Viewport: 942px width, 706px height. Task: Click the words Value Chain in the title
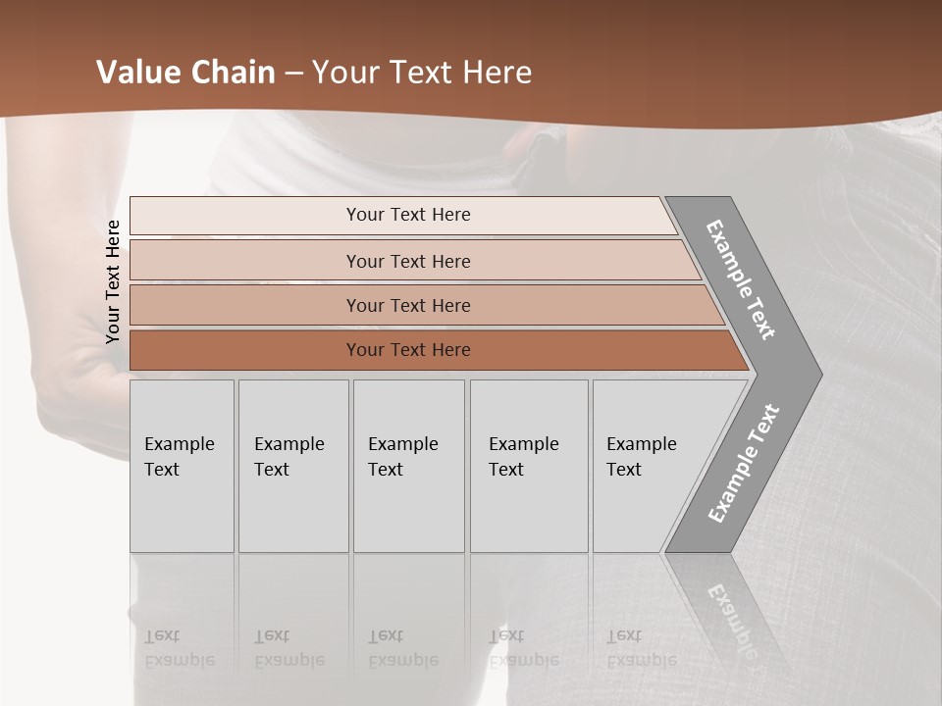185,73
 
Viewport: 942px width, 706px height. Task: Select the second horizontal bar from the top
407,261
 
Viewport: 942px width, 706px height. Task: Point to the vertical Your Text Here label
113,281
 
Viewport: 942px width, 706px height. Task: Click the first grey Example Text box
182,466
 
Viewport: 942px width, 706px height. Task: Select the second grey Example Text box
293,466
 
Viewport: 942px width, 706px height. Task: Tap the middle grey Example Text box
408,466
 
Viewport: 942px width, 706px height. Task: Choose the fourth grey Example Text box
529,466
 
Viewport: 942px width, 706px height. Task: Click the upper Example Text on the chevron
741,278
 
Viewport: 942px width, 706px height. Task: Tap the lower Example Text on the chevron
743,464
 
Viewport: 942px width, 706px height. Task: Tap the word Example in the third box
402,444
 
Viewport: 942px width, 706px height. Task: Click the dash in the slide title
293,73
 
